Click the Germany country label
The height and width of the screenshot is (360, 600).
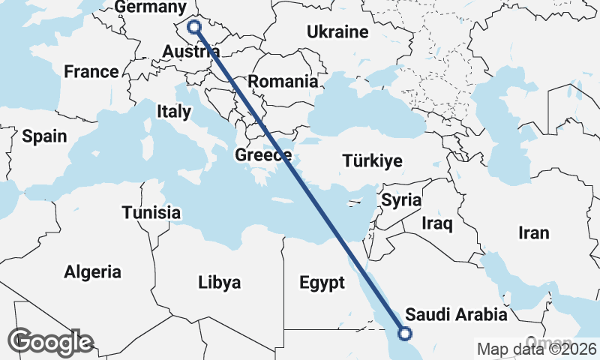coord(151,7)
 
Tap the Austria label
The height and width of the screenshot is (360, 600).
coord(191,52)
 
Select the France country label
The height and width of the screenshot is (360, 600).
coord(91,72)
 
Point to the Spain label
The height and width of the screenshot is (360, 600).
coord(44,136)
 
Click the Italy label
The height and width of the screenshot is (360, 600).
coord(174,112)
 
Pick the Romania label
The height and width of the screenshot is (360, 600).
coord(283,82)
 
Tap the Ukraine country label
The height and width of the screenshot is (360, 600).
coord(337,32)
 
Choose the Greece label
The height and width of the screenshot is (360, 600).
coord(263,156)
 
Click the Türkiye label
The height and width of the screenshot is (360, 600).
coord(372,161)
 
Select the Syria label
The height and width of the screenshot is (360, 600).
coord(401,201)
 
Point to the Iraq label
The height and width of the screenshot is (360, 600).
coord(437,223)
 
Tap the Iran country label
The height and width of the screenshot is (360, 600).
coord(534,233)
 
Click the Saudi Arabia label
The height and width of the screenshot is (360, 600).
coord(456,313)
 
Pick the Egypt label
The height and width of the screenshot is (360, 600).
coord(322,283)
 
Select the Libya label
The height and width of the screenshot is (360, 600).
coord(220,283)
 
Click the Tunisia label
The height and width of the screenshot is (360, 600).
coord(151,212)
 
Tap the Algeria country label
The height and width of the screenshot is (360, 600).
coord(93,271)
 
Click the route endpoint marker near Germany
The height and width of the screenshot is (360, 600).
coord(194,27)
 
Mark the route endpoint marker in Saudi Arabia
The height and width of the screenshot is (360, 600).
coord(405,334)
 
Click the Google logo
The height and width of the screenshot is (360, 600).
coord(51,342)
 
